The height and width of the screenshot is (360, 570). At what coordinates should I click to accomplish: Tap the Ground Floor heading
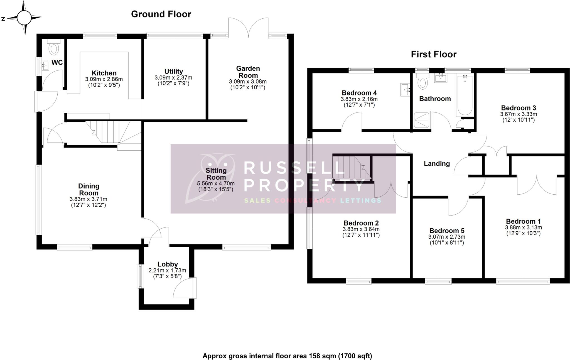point(161,14)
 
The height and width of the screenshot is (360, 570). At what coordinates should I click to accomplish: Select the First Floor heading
point(434,54)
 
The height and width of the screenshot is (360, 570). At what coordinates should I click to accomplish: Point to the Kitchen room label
point(104,73)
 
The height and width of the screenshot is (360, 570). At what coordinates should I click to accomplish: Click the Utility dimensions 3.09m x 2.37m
point(173,78)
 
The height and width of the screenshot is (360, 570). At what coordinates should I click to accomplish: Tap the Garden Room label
point(248,72)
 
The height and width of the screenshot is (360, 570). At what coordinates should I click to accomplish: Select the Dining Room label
point(89,190)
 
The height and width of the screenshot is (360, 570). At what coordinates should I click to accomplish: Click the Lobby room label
point(168,264)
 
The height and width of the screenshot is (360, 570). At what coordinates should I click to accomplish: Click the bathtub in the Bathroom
point(464,95)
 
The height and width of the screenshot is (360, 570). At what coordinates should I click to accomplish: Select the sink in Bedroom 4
point(405,90)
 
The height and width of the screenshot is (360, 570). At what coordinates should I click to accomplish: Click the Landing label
point(437,164)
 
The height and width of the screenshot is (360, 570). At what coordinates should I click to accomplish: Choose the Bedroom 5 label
point(447,231)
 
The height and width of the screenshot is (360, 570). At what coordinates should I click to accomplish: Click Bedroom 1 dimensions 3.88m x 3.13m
point(523,227)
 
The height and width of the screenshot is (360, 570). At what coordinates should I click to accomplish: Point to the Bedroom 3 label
point(518,108)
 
